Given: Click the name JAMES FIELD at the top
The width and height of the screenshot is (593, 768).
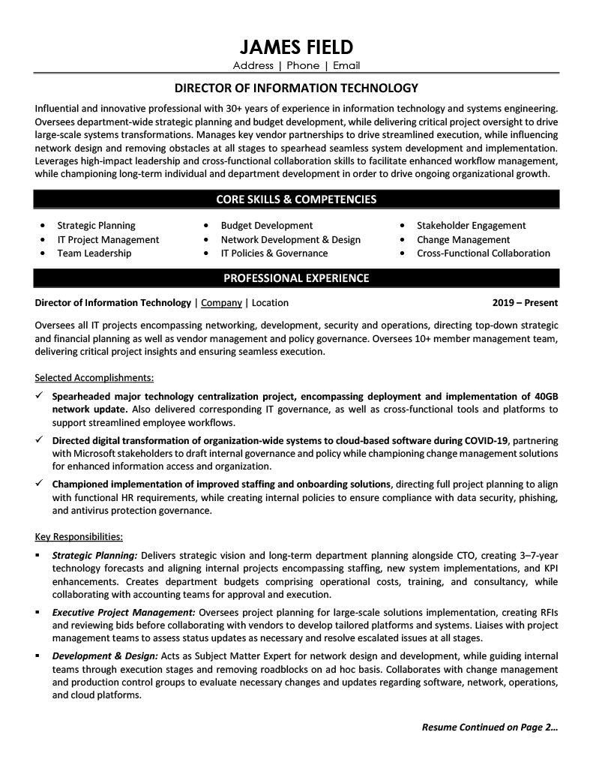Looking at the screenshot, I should point(296,47).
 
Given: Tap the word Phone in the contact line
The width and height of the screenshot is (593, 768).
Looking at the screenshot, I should point(303,66).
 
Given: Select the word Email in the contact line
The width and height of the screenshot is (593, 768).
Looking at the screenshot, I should point(346,66).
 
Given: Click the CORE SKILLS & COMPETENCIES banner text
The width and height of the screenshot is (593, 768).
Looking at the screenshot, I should point(296,199).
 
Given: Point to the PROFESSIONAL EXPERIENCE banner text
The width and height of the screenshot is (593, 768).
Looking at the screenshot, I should point(296,278).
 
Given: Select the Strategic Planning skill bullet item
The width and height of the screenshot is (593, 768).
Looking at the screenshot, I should point(96,225).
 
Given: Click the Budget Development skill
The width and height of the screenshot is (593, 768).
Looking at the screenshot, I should point(266,225).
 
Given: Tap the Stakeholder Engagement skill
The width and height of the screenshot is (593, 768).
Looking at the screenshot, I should point(471,225).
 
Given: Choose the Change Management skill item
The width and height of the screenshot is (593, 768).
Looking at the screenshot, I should point(463,239).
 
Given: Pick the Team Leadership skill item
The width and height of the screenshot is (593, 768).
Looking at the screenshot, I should point(94,253).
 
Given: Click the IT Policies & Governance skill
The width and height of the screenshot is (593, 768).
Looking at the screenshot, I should point(274,253).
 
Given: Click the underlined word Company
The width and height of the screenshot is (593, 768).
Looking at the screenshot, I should point(221,303).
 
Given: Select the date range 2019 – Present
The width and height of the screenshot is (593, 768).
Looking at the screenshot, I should point(525,303).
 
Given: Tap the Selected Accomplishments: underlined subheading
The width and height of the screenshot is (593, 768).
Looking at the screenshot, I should point(94,377).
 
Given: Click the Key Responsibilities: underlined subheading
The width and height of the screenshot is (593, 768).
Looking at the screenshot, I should point(79,536).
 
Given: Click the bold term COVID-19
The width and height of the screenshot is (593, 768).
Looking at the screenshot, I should point(487,439).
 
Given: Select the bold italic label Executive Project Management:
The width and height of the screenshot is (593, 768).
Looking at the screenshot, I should point(124,612).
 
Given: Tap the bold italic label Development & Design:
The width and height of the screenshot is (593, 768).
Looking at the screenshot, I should point(105,655).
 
